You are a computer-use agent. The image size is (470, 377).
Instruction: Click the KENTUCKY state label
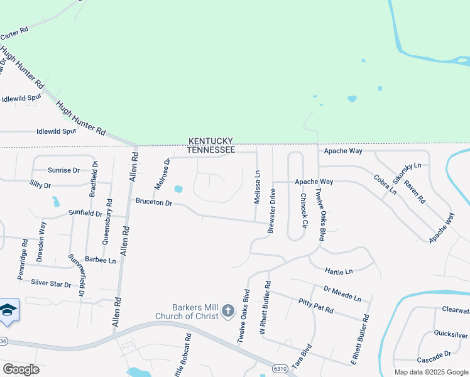(210, 141)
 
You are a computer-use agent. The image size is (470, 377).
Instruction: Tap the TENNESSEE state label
(210, 150)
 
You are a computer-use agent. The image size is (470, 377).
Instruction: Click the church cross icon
(227, 310)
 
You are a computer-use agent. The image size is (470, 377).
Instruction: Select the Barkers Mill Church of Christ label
(187, 311)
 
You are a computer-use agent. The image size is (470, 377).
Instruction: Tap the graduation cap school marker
(8, 310)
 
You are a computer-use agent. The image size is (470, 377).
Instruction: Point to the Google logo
(21, 369)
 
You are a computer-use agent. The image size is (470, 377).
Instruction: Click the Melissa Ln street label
(257, 187)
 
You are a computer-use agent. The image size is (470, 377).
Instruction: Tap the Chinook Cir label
(303, 210)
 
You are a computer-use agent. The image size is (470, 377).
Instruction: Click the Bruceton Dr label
(154, 202)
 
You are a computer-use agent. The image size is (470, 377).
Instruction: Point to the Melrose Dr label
(162, 174)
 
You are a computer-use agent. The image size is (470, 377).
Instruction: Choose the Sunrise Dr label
(63, 170)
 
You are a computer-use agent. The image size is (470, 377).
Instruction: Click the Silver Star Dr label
(51, 283)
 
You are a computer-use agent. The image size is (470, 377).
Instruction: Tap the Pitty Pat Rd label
(315, 307)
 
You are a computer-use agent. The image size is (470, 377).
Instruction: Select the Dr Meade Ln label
(342, 293)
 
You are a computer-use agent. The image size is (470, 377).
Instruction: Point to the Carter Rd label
(15, 33)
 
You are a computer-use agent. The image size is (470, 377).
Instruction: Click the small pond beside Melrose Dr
(178, 188)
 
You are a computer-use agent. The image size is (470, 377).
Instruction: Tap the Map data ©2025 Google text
(430, 372)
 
